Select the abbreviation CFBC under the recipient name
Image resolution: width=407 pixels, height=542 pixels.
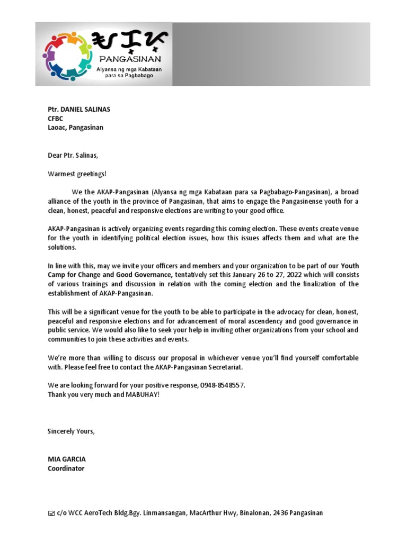[x=56, y=119]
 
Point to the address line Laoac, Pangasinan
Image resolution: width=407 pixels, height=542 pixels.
[x=75, y=128]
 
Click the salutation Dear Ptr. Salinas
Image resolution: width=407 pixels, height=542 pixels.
[x=73, y=155]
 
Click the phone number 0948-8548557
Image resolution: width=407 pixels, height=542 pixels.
[x=223, y=385]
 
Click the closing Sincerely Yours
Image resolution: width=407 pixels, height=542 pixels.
[x=71, y=431]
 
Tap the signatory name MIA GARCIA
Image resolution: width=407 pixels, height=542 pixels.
[x=66, y=459]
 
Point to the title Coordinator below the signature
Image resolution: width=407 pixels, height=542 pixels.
[x=66, y=468]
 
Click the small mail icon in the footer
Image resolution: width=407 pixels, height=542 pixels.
[x=51, y=513]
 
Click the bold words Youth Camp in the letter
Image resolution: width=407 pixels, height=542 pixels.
[x=350, y=265]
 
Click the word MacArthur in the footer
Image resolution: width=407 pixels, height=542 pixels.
[x=204, y=513]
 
